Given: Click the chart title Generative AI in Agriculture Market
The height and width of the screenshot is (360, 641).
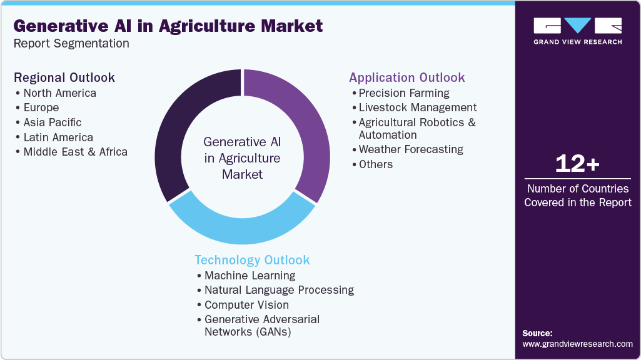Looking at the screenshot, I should click(x=168, y=26).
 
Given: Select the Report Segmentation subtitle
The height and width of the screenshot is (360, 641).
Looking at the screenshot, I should click(x=71, y=44).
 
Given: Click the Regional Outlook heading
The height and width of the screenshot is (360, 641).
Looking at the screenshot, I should click(x=64, y=77).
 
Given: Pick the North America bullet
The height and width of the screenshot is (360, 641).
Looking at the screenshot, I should click(x=59, y=93).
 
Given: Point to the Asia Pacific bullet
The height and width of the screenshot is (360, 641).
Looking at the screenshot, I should click(x=53, y=122).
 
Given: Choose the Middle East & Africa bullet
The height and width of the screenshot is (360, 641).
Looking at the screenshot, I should click(x=75, y=152).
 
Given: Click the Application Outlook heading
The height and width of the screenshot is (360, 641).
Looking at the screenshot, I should click(x=407, y=77).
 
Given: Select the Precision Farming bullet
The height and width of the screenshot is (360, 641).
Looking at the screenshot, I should click(x=404, y=93).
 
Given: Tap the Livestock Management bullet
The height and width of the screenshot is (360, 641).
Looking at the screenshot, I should click(x=418, y=107).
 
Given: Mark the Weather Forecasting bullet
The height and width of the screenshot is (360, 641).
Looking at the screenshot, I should click(x=411, y=149).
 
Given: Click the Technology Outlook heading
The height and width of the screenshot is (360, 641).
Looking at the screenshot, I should click(x=252, y=260).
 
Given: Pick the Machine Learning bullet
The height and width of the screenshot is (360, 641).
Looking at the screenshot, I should click(x=250, y=276).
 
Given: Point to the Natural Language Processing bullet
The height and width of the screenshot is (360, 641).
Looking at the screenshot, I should click(x=279, y=290).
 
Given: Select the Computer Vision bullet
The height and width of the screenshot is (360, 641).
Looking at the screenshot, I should click(x=246, y=305).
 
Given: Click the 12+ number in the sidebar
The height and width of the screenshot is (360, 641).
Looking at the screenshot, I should click(x=577, y=164).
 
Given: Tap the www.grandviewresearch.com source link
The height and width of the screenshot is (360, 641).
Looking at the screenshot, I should click(x=577, y=344).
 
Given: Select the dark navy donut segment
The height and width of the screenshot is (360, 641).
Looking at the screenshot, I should click(x=181, y=125).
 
